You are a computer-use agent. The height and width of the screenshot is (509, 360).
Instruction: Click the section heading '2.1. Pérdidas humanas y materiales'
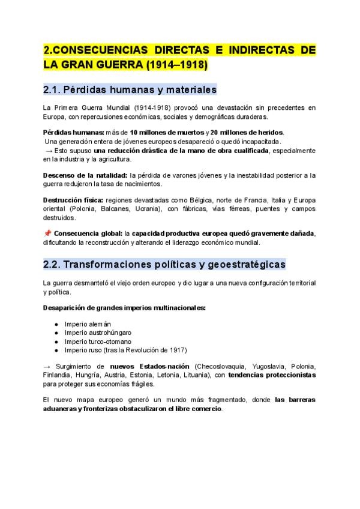click(x=130, y=90)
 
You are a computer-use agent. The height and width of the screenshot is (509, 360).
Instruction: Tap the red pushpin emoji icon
click(x=47, y=233)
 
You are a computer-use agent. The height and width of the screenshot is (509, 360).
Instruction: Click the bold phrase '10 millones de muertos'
click(x=167, y=132)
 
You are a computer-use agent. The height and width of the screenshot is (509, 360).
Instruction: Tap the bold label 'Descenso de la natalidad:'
click(x=85, y=175)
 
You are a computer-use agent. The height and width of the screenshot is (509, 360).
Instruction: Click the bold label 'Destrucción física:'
click(x=73, y=200)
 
